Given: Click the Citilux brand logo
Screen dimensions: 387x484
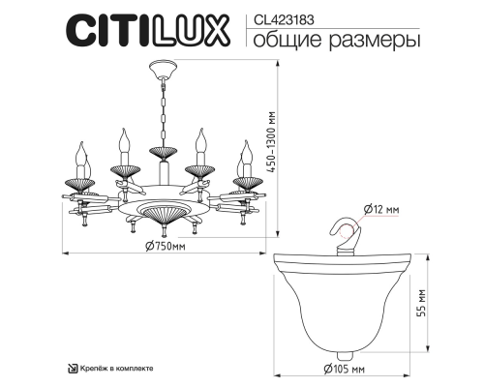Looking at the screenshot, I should click(146, 30).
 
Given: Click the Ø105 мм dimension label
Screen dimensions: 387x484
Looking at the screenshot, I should click(347, 370).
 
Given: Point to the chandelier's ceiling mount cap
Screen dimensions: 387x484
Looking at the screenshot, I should click(162, 73).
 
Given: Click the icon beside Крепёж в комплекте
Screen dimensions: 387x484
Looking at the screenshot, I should click(72, 369).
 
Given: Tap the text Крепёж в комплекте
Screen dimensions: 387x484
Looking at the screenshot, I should click(113, 369).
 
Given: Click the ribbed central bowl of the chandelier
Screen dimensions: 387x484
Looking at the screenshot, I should click(162, 209).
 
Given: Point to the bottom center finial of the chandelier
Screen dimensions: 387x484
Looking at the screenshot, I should click(162, 230).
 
